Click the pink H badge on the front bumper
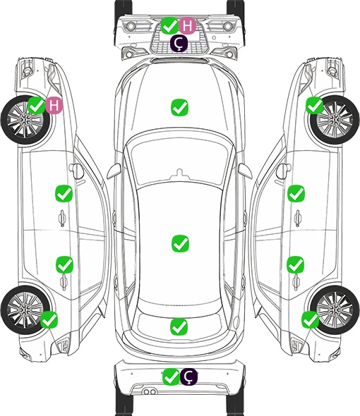click(x=187, y=25)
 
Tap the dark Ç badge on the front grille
click(x=179, y=43)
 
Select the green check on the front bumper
click(x=170, y=25)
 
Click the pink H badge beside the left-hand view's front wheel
click(x=54, y=105)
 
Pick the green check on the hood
click(x=179, y=107)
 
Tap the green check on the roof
click(x=180, y=243)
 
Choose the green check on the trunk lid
click(x=179, y=327)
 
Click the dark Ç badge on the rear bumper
click(x=188, y=377)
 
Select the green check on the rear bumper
click(x=171, y=377)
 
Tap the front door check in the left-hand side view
click(x=64, y=193)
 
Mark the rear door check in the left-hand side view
click(x=64, y=264)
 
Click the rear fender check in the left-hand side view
click(x=49, y=319)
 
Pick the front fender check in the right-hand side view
click(x=315, y=105)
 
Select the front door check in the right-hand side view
click(x=296, y=193)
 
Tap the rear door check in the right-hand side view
click(x=296, y=264)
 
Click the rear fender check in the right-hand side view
click(x=310, y=319)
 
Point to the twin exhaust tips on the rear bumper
click(x=150, y=392)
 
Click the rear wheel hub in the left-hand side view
click(x=25, y=310)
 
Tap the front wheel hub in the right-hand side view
click(x=335, y=120)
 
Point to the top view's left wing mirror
click(x=114, y=171)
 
